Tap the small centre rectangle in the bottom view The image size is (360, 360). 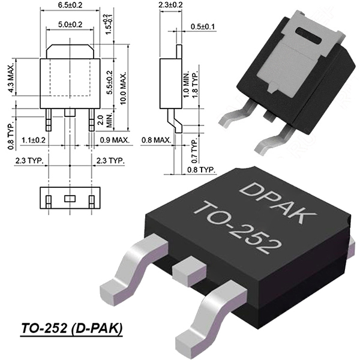70,199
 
